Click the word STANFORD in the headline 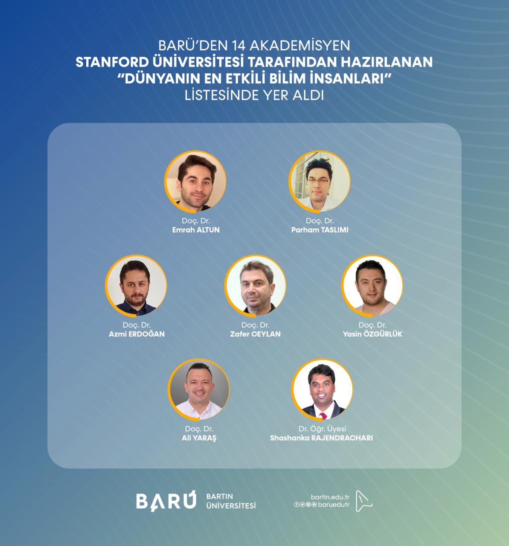tap(112, 62)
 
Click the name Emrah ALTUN tap(196, 230)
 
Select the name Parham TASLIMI tap(320, 230)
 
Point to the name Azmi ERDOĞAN tap(137, 334)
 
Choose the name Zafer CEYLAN tap(255, 334)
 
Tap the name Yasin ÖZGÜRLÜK tap(372, 334)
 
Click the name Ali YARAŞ tap(199, 438)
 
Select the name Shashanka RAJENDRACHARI tap(321, 438)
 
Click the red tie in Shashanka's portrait tap(323, 415)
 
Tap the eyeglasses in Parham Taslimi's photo tap(318, 180)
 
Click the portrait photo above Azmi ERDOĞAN tap(136, 286)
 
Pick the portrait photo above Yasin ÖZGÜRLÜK tap(372, 286)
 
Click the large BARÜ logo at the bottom tap(166, 501)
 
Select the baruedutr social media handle tap(334, 505)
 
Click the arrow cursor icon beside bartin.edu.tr tap(364, 501)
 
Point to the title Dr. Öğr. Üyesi tap(322, 429)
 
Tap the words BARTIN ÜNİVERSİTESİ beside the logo tap(231, 501)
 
